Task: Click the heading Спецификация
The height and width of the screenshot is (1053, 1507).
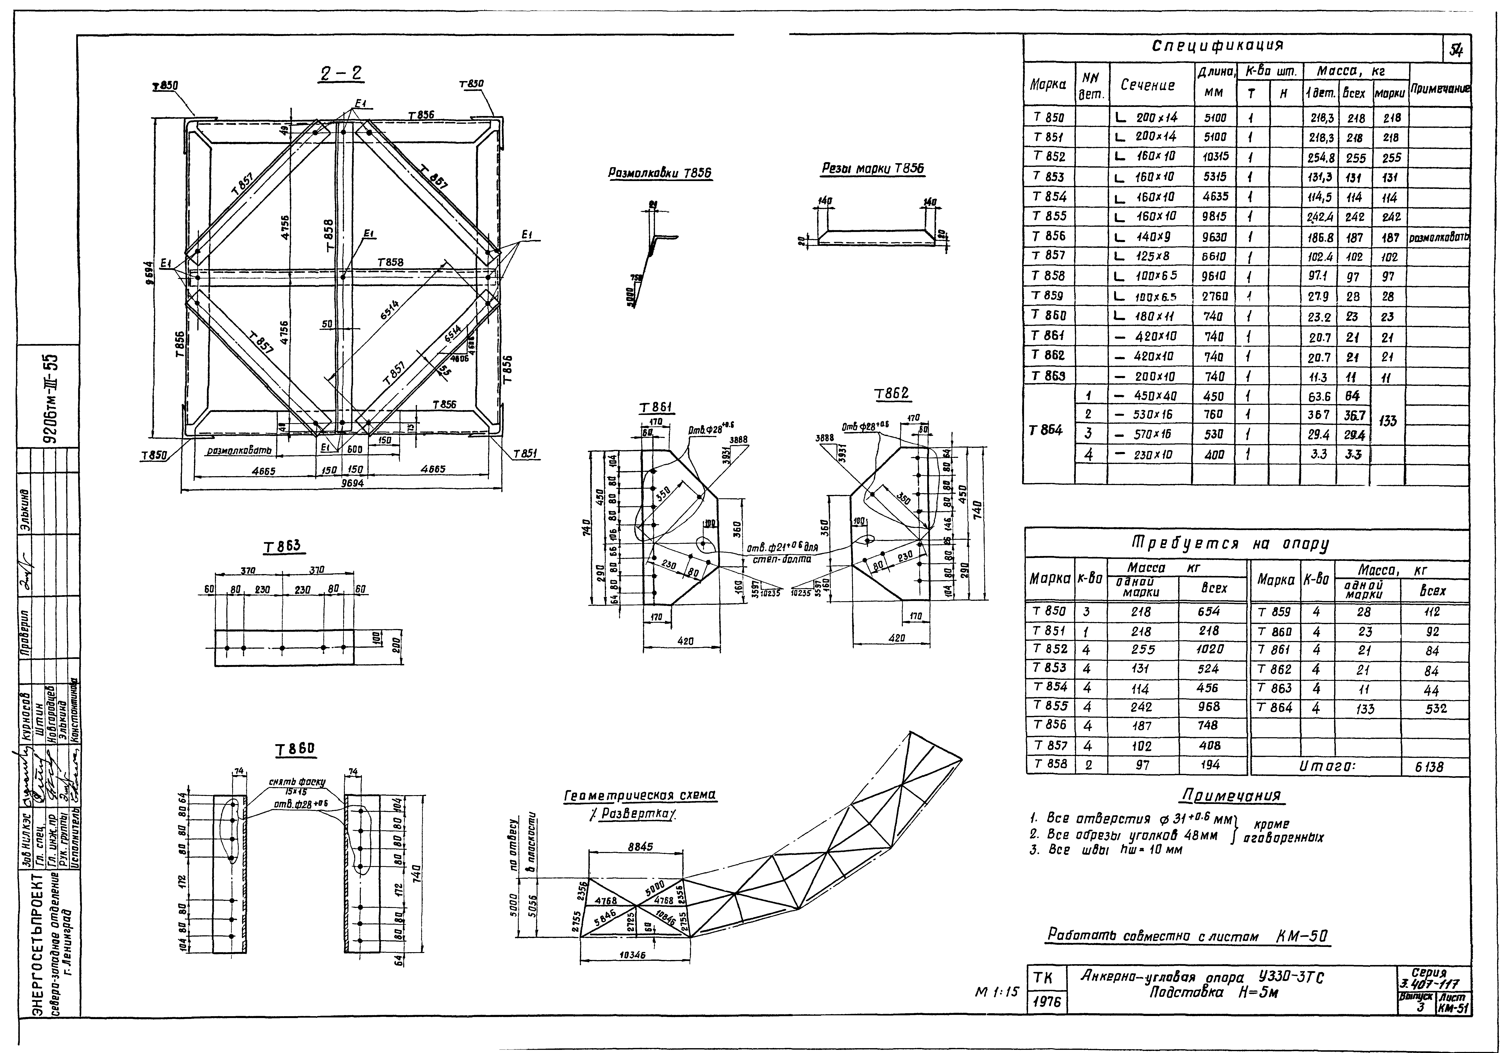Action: (1218, 46)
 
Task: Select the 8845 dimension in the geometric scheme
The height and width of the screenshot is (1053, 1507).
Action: (639, 848)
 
